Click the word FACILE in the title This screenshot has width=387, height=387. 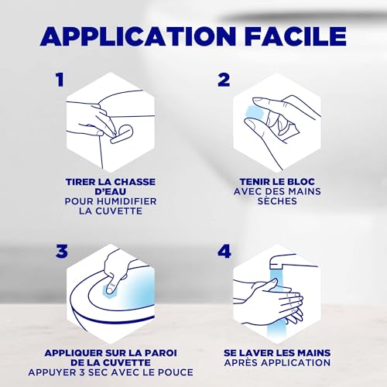click(x=294, y=36)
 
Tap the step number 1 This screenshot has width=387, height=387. click(x=60, y=80)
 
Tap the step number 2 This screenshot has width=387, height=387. click(x=224, y=80)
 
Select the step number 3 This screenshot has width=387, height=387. click(x=61, y=251)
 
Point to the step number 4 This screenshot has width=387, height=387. click(x=224, y=251)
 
